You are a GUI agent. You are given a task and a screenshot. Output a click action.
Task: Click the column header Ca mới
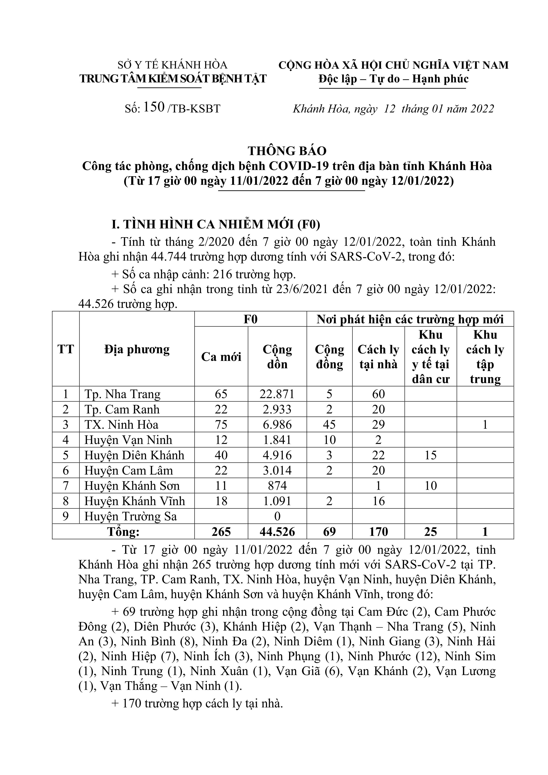221,356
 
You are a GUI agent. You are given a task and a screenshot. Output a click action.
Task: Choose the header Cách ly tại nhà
378,356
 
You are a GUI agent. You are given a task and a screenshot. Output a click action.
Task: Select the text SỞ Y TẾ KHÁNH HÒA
172,65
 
